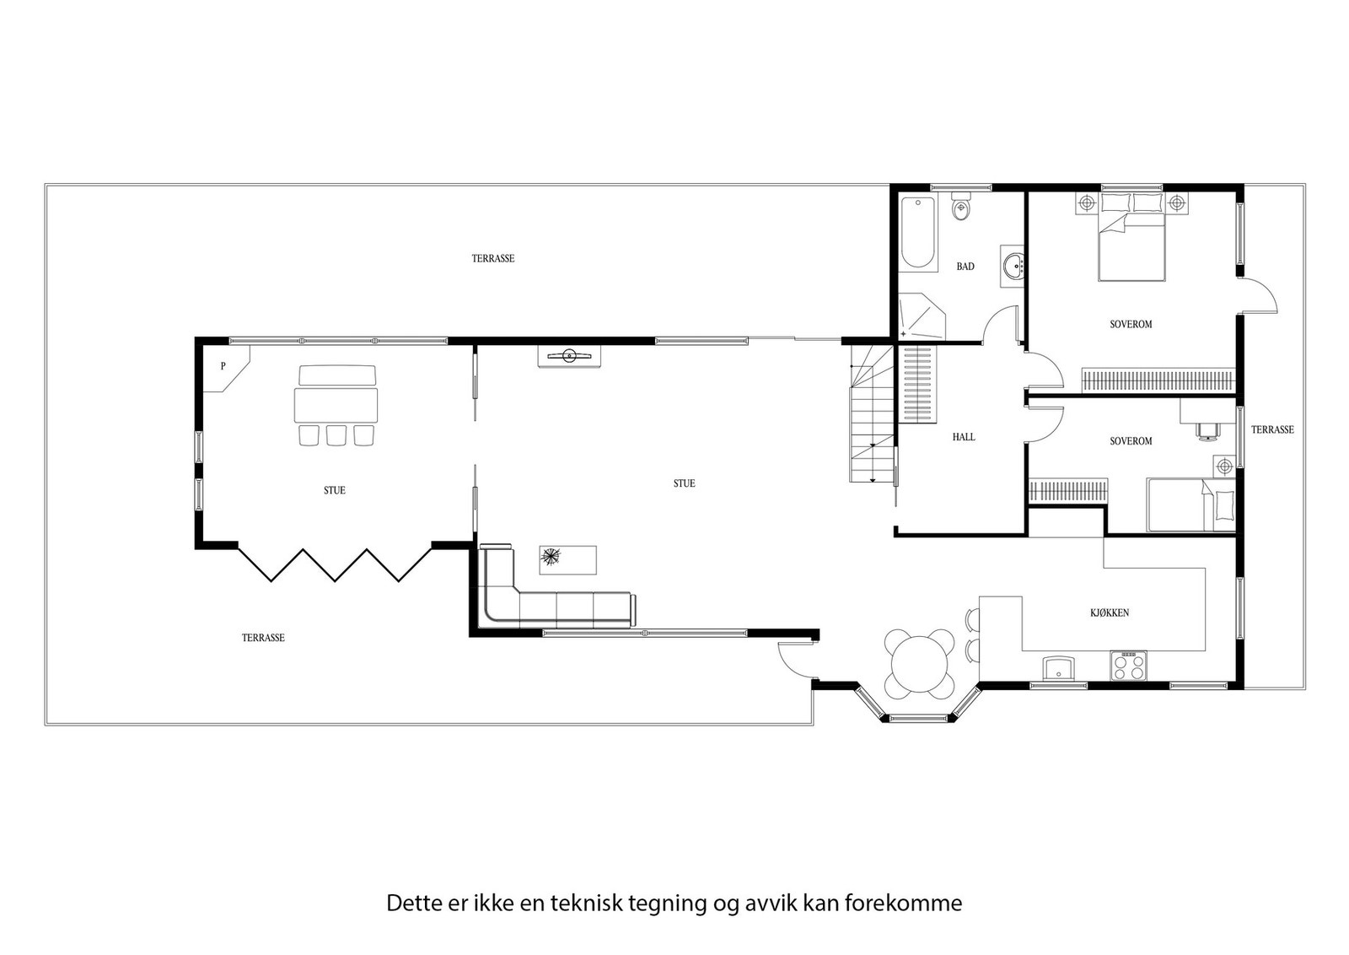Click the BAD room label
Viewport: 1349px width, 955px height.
965,267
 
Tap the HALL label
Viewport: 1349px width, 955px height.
964,437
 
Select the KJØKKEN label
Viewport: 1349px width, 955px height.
1110,612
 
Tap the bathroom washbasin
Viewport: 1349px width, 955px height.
1013,266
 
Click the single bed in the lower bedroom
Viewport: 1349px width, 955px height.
1190,505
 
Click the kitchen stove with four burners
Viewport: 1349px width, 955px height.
1129,666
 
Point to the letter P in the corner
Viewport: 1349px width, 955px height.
223,366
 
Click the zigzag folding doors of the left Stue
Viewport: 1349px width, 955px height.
335,564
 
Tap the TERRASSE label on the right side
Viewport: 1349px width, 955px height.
1271,429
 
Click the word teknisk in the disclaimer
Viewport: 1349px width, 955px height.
586,904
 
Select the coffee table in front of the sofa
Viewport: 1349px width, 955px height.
567,558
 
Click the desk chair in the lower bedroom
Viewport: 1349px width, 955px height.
1207,430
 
